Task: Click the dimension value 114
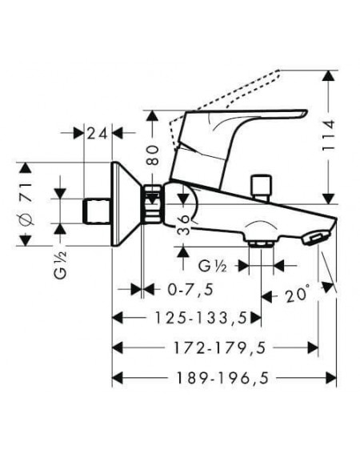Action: click(x=329, y=135)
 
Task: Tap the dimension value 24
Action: click(x=97, y=134)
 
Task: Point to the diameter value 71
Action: click(x=26, y=191)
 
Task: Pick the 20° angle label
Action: click(x=298, y=295)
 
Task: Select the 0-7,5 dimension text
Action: click(x=190, y=289)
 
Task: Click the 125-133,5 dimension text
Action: click(x=201, y=318)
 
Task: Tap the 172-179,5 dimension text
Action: click(x=219, y=348)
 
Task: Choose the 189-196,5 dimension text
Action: click(x=223, y=378)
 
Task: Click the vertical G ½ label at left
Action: click(x=61, y=264)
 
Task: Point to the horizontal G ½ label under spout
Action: click(x=212, y=266)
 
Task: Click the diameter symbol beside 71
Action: click(x=26, y=219)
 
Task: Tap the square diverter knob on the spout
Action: click(x=262, y=186)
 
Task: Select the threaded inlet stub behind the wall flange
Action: click(x=97, y=211)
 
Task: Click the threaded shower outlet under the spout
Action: click(x=261, y=243)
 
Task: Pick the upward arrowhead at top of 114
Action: click(x=328, y=76)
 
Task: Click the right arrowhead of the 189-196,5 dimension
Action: click(x=331, y=378)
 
